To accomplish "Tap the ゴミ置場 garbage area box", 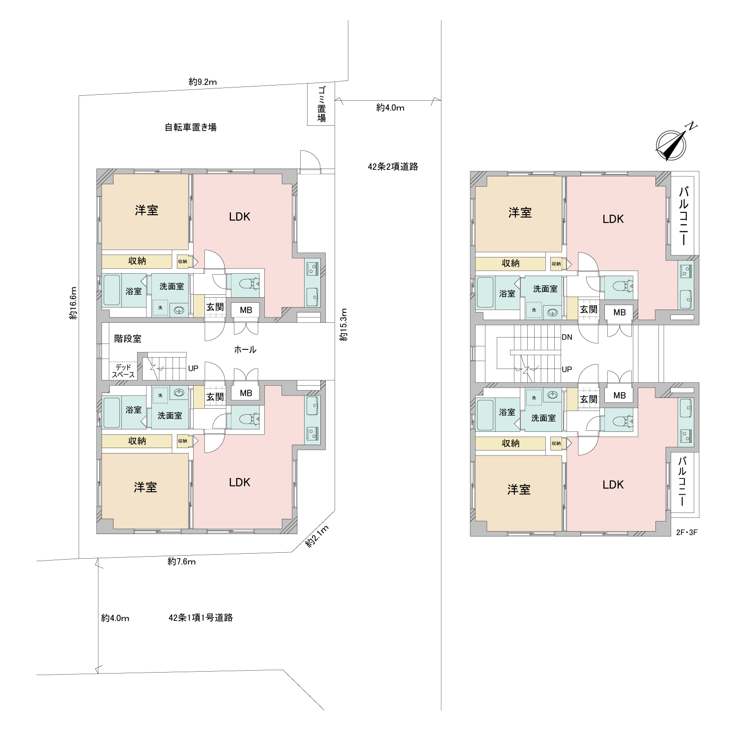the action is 321,105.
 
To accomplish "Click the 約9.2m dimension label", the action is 202,82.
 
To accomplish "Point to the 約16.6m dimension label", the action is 73,303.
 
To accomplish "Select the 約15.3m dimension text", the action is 344,325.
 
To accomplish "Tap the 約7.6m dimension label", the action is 182,562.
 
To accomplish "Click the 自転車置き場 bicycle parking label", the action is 191,127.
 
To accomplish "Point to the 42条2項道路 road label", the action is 393,167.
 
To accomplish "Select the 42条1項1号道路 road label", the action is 200,618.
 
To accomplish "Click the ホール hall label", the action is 245,350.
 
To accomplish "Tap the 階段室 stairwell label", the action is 128,339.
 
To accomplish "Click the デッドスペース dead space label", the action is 123,371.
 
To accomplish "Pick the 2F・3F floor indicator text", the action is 687,532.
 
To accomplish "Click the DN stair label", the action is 567,338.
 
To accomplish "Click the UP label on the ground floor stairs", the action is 193,368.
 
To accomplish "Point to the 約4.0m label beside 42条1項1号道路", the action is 115,618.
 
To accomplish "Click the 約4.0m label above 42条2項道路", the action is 390,108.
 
